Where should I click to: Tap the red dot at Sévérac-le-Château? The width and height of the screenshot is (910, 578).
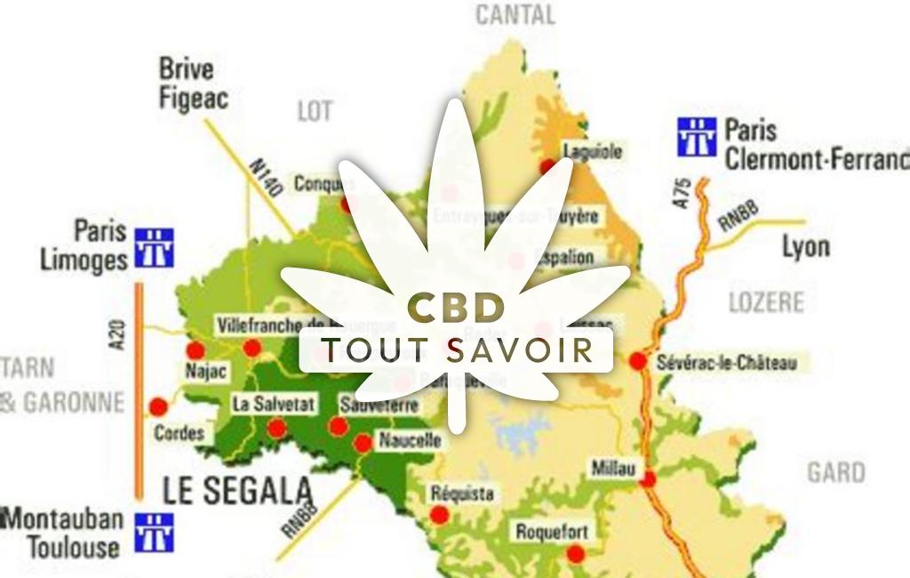tap(637, 362)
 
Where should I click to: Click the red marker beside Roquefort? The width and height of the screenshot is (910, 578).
tap(576, 553)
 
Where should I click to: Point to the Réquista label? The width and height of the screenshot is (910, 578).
tap(461, 494)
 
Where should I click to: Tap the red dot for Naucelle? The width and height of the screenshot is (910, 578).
tap(363, 443)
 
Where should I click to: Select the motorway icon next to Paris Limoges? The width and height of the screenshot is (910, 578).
tap(154, 247)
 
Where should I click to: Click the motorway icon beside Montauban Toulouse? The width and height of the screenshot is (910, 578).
tap(154, 532)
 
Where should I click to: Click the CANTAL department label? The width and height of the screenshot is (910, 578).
tap(515, 15)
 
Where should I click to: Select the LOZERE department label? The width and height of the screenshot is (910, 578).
tap(766, 302)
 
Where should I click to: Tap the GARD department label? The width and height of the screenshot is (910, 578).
tap(835, 472)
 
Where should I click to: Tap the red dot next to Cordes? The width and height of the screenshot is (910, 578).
tap(158, 408)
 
